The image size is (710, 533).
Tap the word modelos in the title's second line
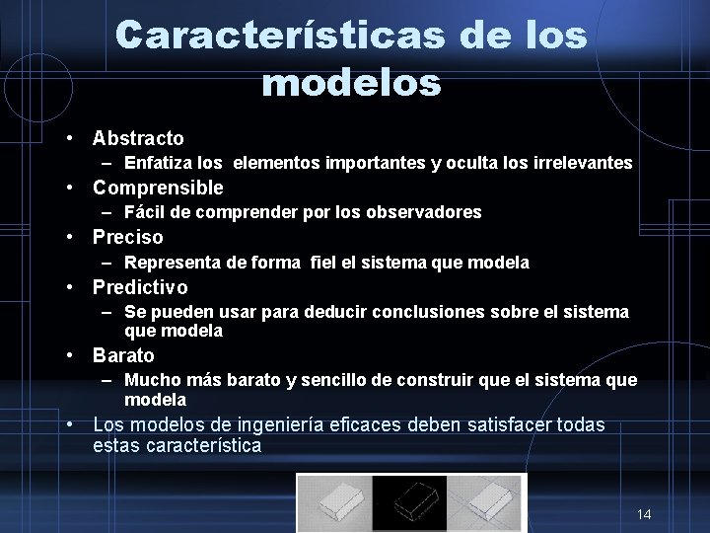click(351, 83)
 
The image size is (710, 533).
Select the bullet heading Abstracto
click(138, 138)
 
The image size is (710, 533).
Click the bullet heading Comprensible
click(158, 188)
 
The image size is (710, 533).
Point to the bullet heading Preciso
click(128, 237)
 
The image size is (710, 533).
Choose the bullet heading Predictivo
click(140, 287)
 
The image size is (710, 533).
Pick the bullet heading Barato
click(123, 355)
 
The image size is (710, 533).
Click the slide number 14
click(644, 514)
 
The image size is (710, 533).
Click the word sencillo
click(331, 380)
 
